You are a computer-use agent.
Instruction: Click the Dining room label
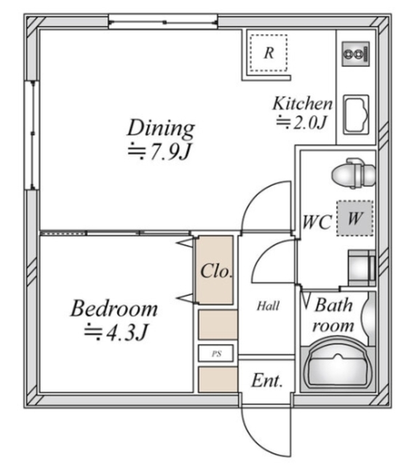(161, 129)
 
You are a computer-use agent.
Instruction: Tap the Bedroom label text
(114, 309)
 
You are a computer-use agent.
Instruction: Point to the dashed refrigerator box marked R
(269, 52)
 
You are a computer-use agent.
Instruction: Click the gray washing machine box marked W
(354, 217)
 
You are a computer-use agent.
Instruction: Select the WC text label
(317, 221)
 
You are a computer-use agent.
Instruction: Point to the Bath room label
(334, 315)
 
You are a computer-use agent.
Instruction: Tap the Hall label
(267, 307)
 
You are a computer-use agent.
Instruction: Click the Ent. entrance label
(266, 380)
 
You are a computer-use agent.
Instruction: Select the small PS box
(217, 355)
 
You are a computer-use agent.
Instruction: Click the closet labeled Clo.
(216, 271)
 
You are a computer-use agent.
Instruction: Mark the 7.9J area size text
(161, 152)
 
